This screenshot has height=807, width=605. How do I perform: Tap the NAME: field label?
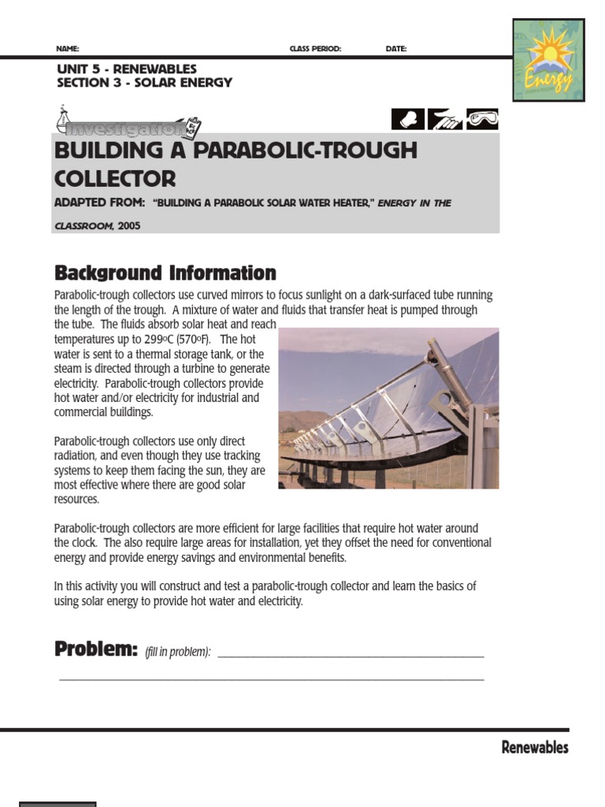(68, 49)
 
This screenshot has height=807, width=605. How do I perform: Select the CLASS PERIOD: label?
(315, 49)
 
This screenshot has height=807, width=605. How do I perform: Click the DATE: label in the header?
(396, 49)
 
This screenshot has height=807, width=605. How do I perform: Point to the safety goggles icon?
(482, 119)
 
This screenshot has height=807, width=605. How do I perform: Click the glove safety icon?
(408, 119)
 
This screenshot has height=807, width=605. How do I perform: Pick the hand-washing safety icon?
(445, 119)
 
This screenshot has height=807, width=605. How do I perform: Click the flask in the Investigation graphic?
(65, 118)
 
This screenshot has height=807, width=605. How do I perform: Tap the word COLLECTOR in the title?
(115, 178)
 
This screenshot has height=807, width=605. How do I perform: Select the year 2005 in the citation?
(128, 225)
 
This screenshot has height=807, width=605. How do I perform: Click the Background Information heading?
(165, 273)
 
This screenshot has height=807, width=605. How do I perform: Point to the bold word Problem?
(96, 649)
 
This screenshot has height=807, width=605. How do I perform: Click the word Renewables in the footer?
(535, 748)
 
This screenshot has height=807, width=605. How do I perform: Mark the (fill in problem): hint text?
(178, 652)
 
